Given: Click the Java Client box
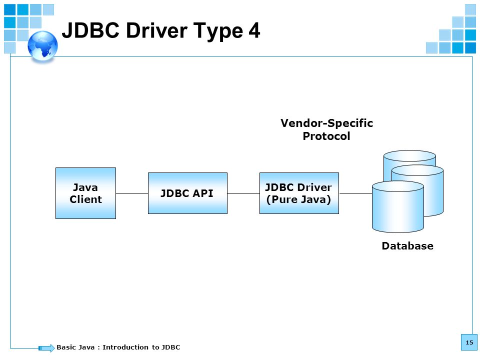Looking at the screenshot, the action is (85, 193).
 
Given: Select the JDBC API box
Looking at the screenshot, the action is (187, 193).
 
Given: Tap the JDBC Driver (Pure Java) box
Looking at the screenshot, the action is (299, 193).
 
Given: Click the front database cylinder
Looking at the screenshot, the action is (398, 207).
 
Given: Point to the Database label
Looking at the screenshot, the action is (407, 246).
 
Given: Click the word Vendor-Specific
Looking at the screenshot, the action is (326, 123).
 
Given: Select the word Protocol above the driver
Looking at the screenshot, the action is (326, 136).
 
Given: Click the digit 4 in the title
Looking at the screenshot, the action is (254, 30).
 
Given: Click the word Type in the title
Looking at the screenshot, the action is (218, 32).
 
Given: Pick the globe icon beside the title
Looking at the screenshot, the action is (42, 46).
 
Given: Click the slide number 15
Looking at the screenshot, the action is (469, 342).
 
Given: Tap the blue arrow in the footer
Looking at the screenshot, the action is (46, 348).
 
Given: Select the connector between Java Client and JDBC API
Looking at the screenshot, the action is (132, 193).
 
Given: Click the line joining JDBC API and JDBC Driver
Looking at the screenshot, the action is (243, 193).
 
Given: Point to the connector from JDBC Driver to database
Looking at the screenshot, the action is (355, 193).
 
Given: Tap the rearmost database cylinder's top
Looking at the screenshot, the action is (409, 155).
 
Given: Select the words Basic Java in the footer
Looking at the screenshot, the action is (75, 347).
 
